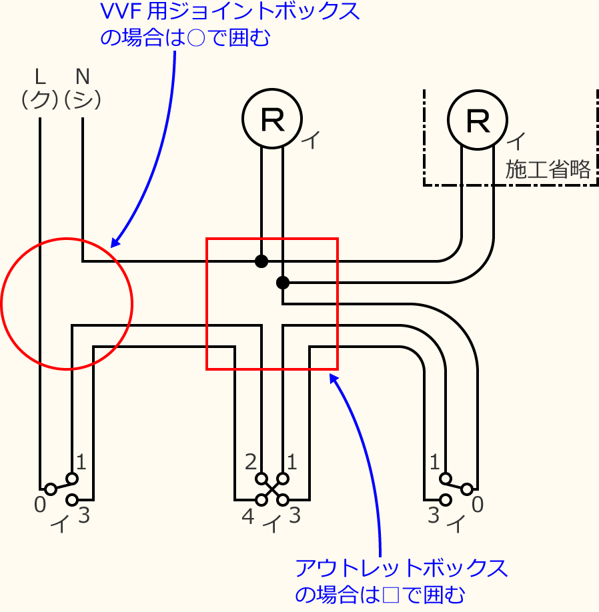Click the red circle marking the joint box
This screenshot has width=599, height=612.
pyautogui.click(x=67, y=303)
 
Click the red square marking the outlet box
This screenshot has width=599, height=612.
pyautogui.click(x=272, y=303)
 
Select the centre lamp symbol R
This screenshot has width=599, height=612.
pyautogui.click(x=272, y=119)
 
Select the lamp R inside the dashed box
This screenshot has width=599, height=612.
pyautogui.click(x=478, y=120)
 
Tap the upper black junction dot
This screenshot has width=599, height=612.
pyautogui.click(x=261, y=261)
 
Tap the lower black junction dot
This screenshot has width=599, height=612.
pyautogui.click(x=283, y=283)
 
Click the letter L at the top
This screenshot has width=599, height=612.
pyautogui.click(x=40, y=74)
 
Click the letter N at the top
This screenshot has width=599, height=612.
pyautogui.click(x=82, y=74)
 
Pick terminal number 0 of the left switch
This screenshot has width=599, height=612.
pyautogui.click(x=40, y=505)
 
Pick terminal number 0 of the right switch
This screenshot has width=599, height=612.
pyautogui.click(x=477, y=505)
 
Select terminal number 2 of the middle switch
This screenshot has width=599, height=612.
pyautogui.click(x=251, y=461)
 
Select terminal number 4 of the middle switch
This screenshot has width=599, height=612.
pyautogui.click(x=247, y=516)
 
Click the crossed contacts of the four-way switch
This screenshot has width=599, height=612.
pyautogui.click(x=272, y=489)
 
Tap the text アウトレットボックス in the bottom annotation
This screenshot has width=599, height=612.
pyautogui.click(x=401, y=568)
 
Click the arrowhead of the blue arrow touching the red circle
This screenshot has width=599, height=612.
pyautogui.click(x=115, y=243)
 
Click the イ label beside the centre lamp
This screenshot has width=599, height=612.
pyautogui.click(x=311, y=139)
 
